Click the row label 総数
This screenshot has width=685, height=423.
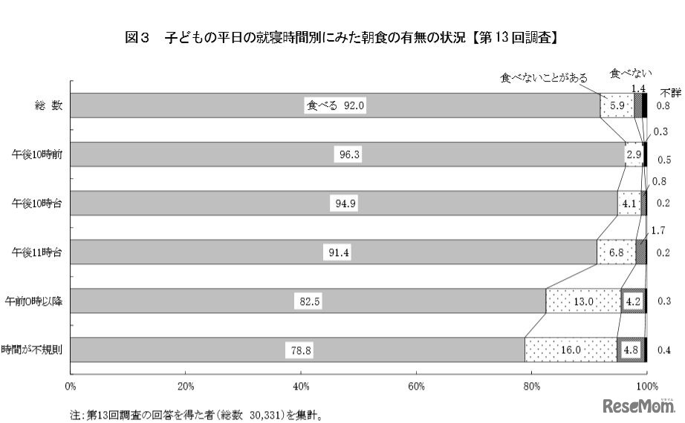47,105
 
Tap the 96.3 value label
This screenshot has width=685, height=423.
345,154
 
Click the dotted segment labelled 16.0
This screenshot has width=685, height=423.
571,350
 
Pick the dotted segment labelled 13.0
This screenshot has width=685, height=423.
583,301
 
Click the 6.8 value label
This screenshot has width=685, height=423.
616,252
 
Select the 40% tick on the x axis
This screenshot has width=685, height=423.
301,386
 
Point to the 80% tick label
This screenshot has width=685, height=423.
532,386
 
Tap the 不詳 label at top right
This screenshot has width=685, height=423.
669,92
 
